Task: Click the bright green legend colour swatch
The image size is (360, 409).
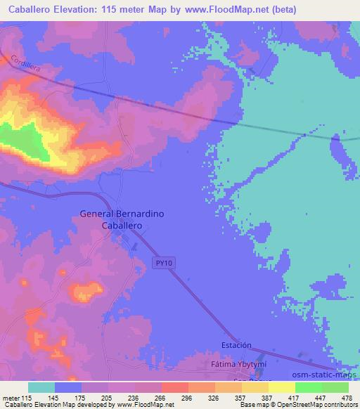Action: click(308, 387)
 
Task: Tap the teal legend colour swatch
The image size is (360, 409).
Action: click(41, 387)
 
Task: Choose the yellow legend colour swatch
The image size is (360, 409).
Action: click(282, 387)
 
